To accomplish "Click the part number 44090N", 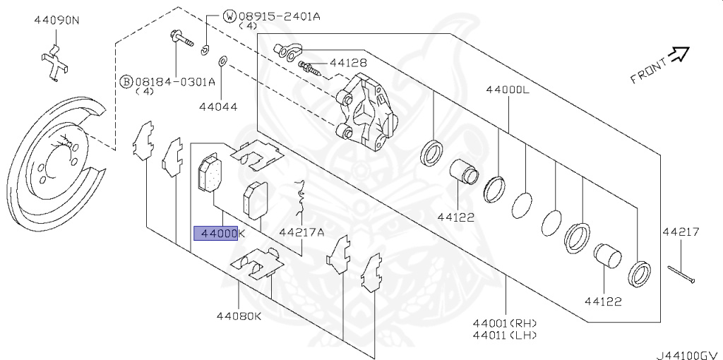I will tap(56, 20).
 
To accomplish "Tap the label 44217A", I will tap(301, 232).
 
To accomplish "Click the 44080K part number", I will tap(239, 316).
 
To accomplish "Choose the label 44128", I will tap(348, 63).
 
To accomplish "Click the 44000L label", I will tap(507, 90).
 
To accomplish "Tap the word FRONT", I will tap(648, 71).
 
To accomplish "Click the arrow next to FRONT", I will tap(679, 54).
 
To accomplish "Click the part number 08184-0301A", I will tap(175, 81).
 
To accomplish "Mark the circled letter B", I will tap(126, 81).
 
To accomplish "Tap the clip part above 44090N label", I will tap(54, 64).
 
